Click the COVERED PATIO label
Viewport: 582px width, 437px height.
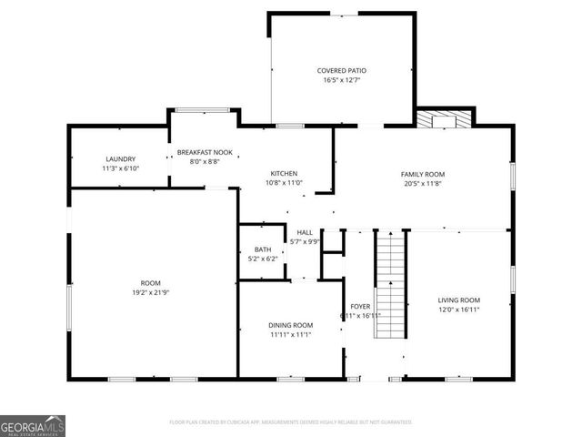(x=342, y=70)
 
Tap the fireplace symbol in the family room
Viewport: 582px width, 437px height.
(x=446, y=119)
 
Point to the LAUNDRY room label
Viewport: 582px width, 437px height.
(x=120, y=158)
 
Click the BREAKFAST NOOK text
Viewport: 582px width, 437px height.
(x=205, y=152)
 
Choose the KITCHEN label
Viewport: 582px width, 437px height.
(x=284, y=173)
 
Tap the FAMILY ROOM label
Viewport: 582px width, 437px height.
(x=423, y=173)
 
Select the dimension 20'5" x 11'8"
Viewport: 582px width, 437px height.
(x=423, y=183)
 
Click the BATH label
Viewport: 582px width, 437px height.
(x=263, y=249)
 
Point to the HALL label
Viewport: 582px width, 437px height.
(x=305, y=232)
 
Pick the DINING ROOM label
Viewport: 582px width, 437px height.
(x=290, y=325)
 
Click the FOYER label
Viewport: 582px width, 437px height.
(x=360, y=306)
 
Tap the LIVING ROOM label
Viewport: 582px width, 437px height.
(x=459, y=300)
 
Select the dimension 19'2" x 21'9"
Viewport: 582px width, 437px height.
(x=150, y=292)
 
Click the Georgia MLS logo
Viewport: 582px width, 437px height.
(x=33, y=426)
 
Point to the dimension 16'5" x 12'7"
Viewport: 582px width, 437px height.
(x=342, y=80)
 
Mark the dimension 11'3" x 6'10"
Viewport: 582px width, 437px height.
(x=120, y=168)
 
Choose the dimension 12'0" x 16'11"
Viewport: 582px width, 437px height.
(x=459, y=310)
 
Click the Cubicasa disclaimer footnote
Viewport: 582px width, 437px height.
(x=291, y=422)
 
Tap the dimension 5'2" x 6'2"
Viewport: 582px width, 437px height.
(x=263, y=259)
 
